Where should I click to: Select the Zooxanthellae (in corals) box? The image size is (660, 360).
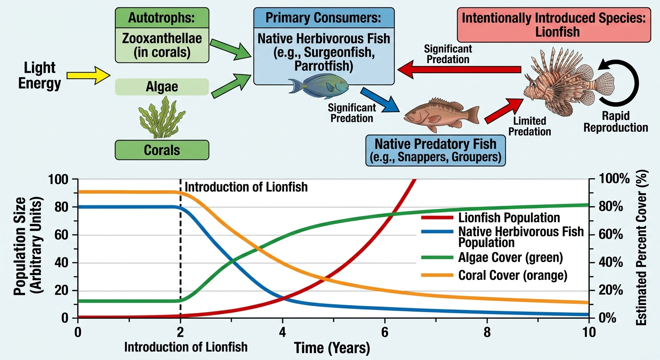point(162,45)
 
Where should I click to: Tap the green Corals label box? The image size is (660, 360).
point(162,150)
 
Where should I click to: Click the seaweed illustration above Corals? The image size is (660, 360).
point(162,117)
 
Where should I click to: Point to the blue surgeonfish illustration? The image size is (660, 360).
point(318,86)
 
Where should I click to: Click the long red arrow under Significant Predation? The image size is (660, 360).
point(459,69)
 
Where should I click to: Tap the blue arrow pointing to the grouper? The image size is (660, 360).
point(380,100)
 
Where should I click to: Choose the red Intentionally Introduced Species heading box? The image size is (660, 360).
point(554,25)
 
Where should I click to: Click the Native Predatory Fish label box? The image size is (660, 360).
point(435,150)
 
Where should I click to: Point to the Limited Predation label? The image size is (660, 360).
point(530,126)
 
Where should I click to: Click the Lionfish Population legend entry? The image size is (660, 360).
point(491,217)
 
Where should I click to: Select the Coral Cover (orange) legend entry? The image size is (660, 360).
point(494,275)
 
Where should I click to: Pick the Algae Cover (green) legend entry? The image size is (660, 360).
point(492,257)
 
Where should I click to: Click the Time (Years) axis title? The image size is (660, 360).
point(332,348)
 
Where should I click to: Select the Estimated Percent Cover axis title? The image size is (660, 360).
point(641,247)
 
